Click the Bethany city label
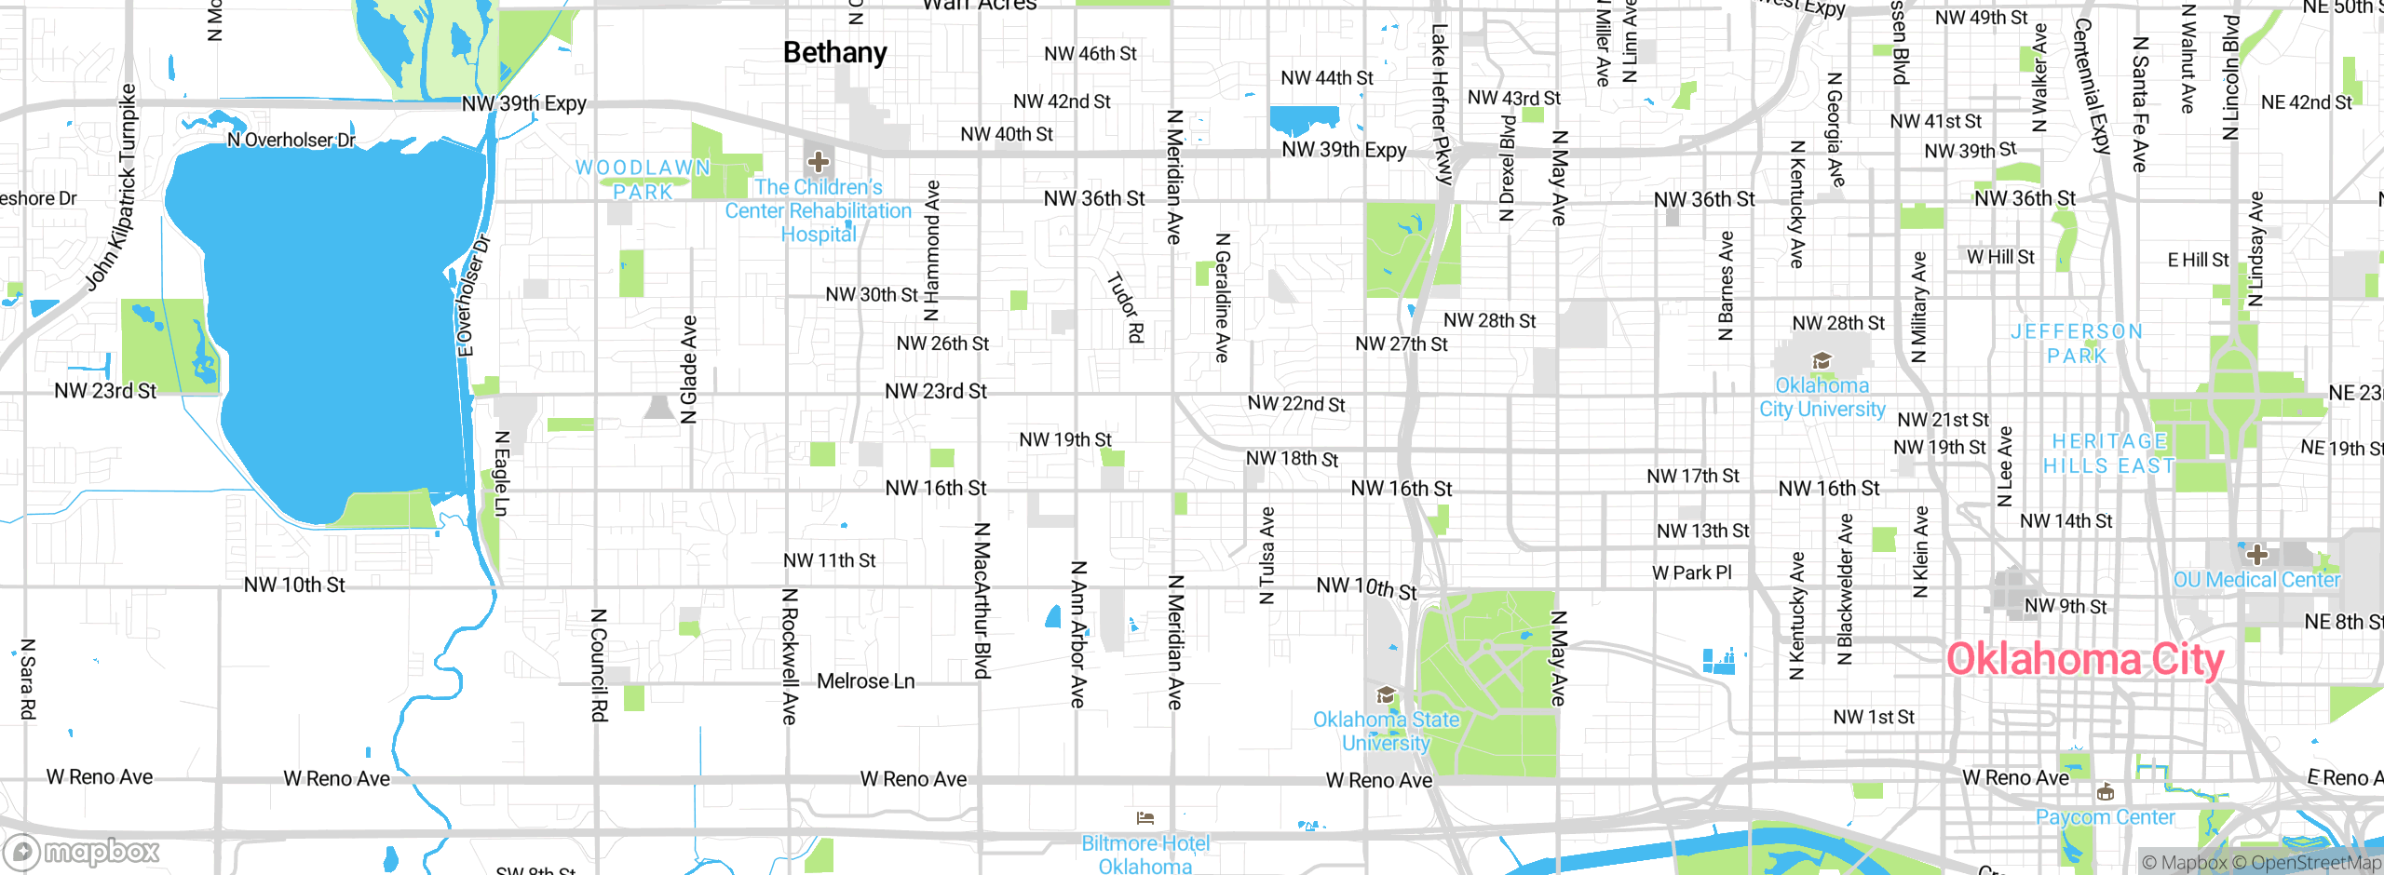pos(834,53)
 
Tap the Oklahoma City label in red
pos(2084,659)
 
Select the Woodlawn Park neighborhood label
pos(643,180)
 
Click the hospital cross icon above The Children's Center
pos(819,162)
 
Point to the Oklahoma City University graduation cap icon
pos(1822,361)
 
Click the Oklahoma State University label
pos(1386,731)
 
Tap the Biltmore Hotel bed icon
pos(1145,818)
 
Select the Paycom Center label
pos(2105,817)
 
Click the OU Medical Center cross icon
pos(2256,556)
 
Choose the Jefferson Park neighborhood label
pos(2077,343)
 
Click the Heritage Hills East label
pos(2109,453)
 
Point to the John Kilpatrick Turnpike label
pos(111,187)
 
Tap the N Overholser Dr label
pos(291,140)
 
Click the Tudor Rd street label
pos(1125,307)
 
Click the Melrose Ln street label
pos(865,681)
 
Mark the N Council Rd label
pos(599,665)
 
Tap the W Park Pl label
pos(1691,572)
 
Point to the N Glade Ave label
pos(689,370)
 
